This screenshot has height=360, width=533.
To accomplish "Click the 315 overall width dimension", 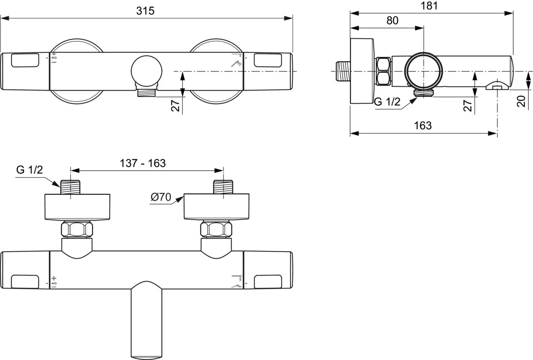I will (x=145, y=11).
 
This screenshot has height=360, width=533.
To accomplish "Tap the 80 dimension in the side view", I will (x=392, y=20).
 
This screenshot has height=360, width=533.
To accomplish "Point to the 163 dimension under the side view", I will (x=422, y=126).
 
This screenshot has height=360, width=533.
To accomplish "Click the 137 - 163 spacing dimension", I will (x=143, y=163).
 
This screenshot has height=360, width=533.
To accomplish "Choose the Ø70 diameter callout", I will (x=161, y=197).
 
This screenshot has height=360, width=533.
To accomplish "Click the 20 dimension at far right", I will (x=521, y=101).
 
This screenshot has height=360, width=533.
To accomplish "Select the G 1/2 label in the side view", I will (x=387, y=102).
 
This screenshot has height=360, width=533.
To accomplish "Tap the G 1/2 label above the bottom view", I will (x=29, y=170).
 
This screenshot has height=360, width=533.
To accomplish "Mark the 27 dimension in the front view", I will (x=176, y=106).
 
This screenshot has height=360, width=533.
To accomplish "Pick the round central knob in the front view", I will (x=147, y=71).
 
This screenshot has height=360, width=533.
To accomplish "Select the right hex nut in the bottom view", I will (x=216, y=229).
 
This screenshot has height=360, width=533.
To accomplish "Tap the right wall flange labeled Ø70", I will (x=216, y=206).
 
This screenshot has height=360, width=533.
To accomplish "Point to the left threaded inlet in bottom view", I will (x=71, y=186).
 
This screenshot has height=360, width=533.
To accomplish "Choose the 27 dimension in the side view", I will (x=467, y=106).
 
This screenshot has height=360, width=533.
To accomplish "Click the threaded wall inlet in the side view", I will (x=341, y=71).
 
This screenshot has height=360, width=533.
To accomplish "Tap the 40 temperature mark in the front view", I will (x=54, y=58).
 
